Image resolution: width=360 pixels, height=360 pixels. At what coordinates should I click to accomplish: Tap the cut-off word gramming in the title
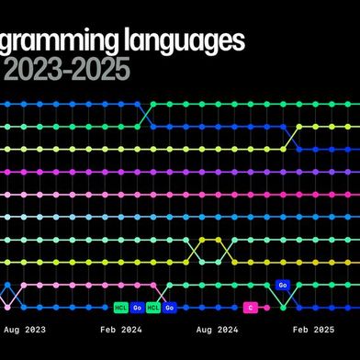click(x=63, y=42)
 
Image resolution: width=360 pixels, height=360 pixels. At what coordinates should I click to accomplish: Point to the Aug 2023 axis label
click(x=25, y=328)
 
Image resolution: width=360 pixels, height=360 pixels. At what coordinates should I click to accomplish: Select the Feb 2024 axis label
click(x=120, y=328)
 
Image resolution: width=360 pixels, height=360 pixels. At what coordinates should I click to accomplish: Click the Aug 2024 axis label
click(x=218, y=328)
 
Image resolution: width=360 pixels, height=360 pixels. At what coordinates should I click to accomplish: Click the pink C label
click(x=250, y=308)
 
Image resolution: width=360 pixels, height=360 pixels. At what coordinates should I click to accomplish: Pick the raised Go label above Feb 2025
click(x=283, y=286)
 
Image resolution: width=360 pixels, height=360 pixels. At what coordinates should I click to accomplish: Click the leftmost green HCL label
click(x=120, y=308)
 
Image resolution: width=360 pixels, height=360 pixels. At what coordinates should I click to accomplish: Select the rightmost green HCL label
click(x=153, y=308)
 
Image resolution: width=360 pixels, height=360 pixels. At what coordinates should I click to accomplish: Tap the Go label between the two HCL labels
click(x=137, y=308)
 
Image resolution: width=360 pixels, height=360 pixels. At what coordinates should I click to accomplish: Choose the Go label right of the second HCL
click(x=170, y=308)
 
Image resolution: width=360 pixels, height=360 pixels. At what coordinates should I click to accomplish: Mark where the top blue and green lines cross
click(x=145, y=115)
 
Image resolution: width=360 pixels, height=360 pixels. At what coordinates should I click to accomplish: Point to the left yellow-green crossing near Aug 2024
click(x=194, y=250)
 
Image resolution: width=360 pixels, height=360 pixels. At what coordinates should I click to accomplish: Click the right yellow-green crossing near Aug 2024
click(x=226, y=250)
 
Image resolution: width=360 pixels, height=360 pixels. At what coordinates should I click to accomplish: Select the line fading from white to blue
click(x=184, y=217)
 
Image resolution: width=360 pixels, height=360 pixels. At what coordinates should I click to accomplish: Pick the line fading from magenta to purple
click(x=184, y=172)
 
